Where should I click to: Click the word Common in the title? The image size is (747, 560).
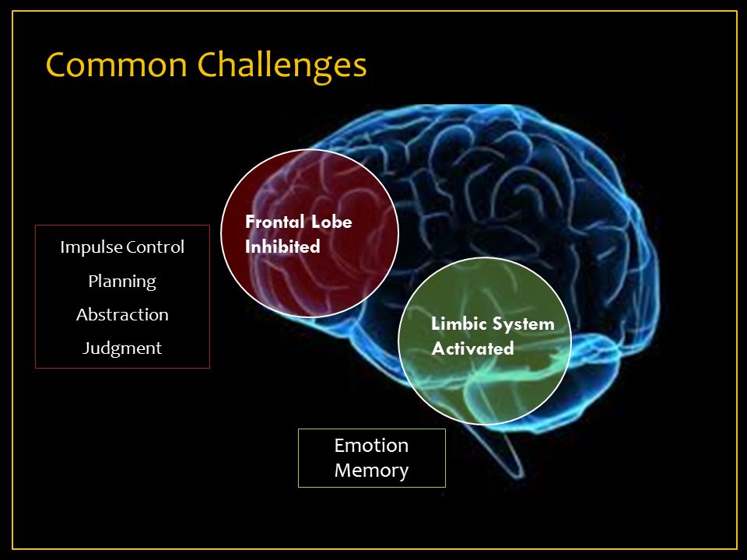tap(115, 65)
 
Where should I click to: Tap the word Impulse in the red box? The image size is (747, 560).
tap(87, 247)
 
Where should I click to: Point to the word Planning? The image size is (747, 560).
tap(122, 281)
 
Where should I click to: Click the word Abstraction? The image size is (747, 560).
tap(122, 315)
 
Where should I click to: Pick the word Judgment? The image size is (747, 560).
tap(122, 348)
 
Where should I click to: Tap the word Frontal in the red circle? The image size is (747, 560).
tap(275, 222)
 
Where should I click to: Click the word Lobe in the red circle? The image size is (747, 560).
tap(332, 222)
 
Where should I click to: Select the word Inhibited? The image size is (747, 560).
tap(282, 247)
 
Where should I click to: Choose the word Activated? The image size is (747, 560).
tap(472, 349)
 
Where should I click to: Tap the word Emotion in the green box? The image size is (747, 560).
tap(371, 446)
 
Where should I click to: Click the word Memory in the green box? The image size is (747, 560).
tap(371, 471)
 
